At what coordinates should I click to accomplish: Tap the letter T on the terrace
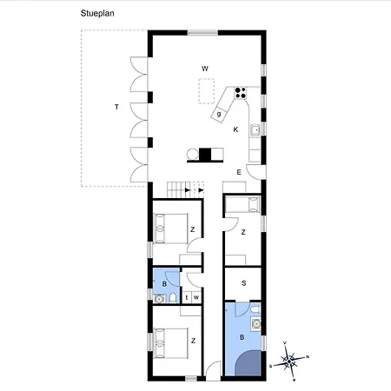point(115,107)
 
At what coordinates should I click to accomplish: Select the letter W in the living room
point(205,68)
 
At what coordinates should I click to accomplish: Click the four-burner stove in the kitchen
point(241,91)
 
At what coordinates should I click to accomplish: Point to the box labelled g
point(220,113)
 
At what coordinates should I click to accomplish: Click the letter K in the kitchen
point(235,129)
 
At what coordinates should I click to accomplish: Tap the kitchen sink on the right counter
point(255,131)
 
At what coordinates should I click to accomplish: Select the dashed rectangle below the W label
point(206,90)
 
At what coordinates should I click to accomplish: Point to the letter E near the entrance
point(239,172)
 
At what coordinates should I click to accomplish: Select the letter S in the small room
point(243,283)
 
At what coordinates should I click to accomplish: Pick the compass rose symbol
point(294,359)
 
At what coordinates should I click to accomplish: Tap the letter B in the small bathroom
point(165,282)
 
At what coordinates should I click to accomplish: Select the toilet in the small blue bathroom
point(175,298)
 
